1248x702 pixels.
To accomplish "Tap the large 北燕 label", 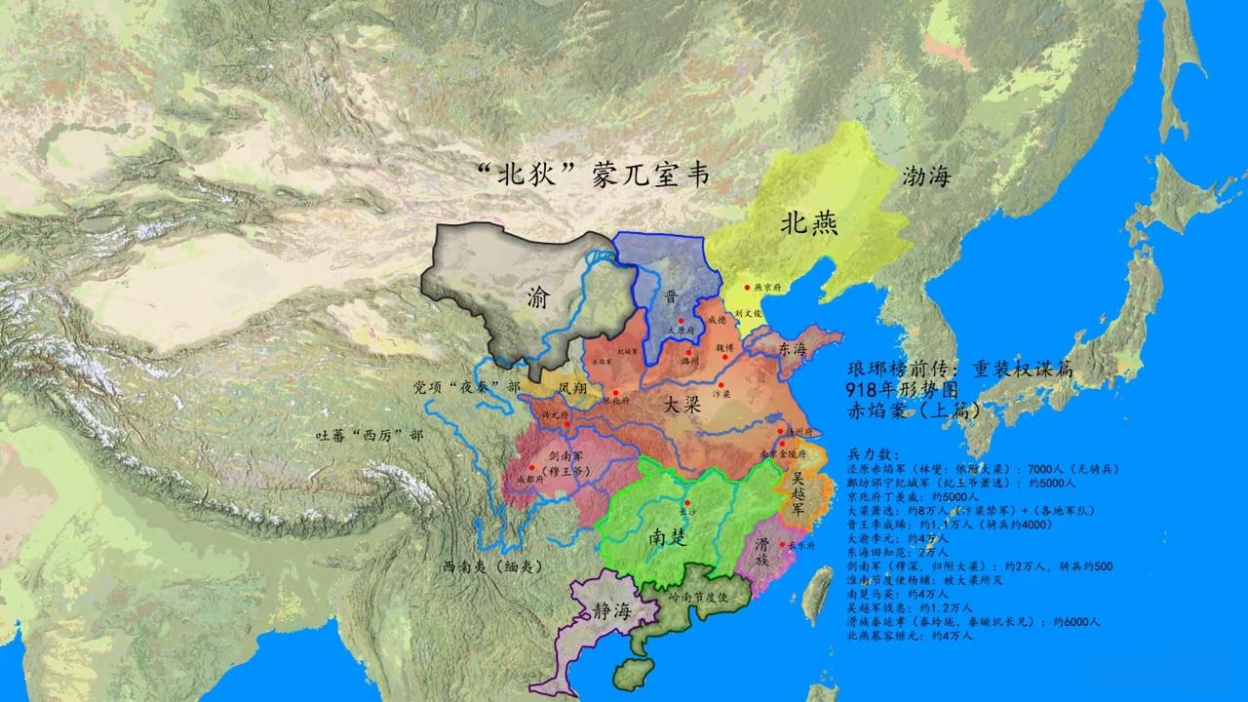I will (808, 223).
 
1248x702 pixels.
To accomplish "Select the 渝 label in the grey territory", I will (539, 295).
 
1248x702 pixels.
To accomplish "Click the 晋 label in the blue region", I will (671, 296).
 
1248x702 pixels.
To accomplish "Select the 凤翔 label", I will (573, 387).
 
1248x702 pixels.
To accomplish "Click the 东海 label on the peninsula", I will (791, 348).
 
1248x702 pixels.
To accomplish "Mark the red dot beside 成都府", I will (531, 468).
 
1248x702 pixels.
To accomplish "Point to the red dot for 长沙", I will (686, 502).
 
